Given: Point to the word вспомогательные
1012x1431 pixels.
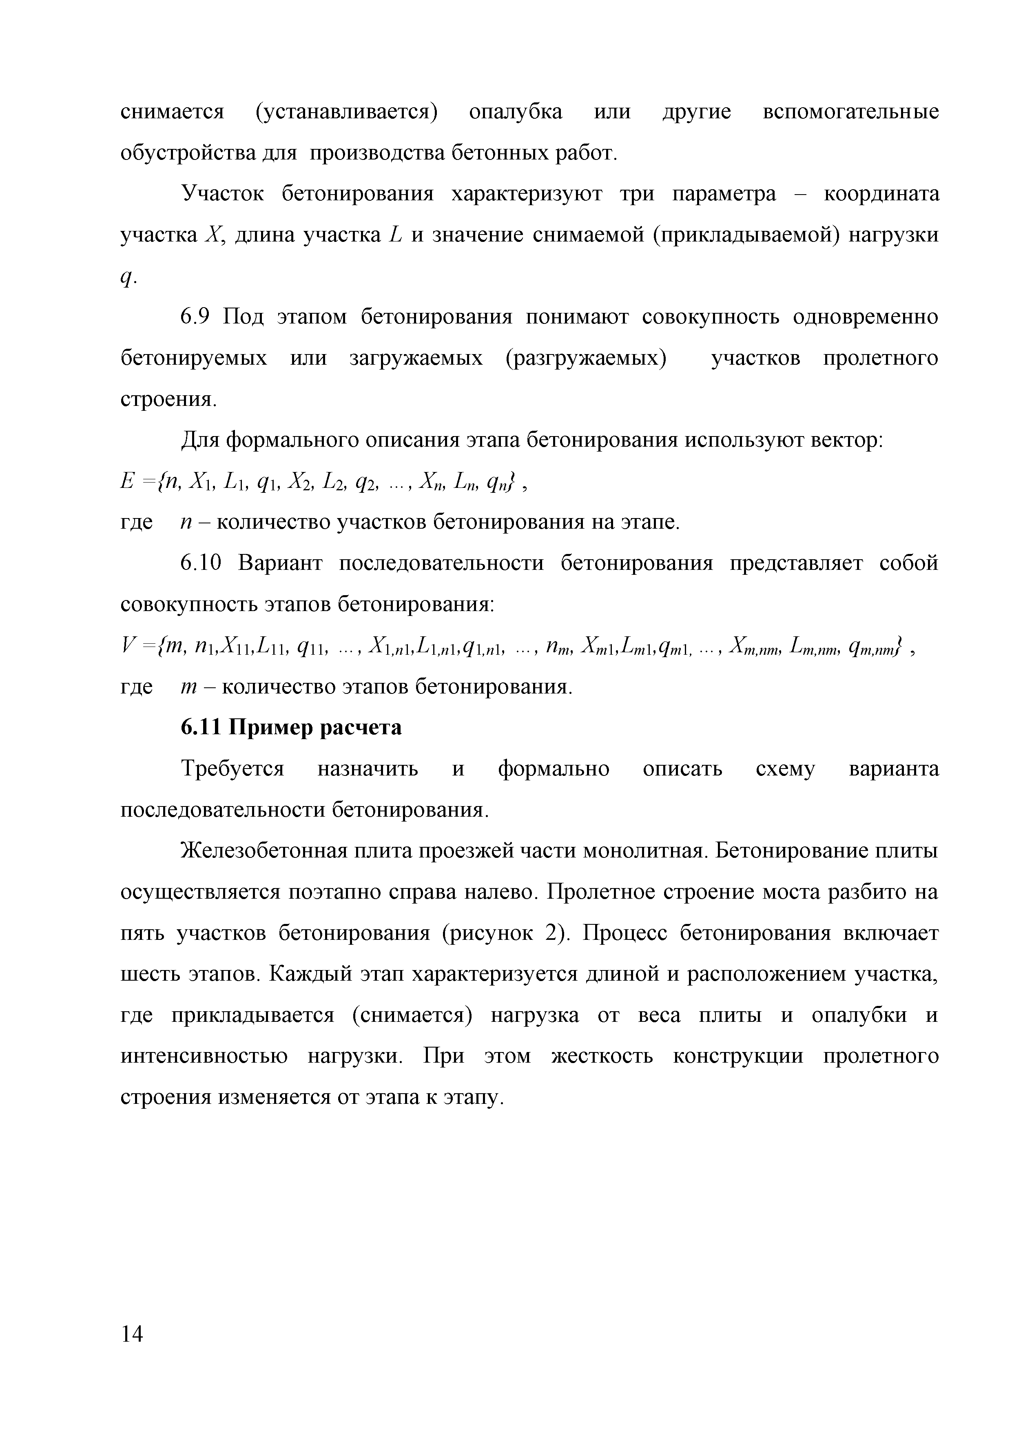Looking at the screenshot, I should pyautogui.click(x=850, y=112).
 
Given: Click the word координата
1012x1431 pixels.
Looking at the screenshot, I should pyautogui.click(x=881, y=195).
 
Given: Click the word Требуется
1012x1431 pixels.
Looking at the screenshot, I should pyautogui.click(x=233, y=769).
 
